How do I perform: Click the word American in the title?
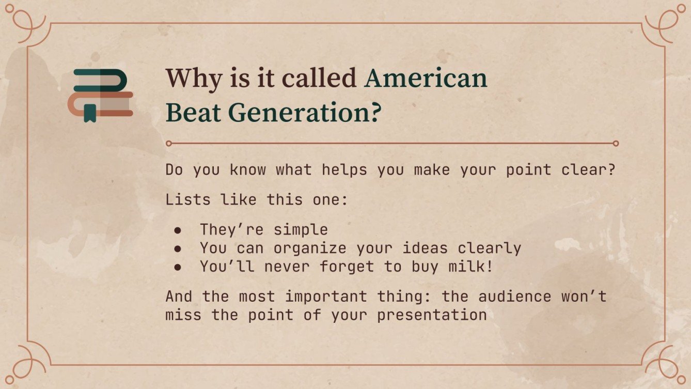tap(426, 79)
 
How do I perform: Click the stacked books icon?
tap(103, 95)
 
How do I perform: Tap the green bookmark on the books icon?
tap(90, 113)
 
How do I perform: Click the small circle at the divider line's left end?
tap(168, 143)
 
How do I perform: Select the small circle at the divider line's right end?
tap(615, 143)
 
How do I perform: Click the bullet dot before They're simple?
tap(178, 230)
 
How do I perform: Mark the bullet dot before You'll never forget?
tap(178, 267)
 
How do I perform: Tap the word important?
tap(326, 297)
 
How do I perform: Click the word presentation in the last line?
tap(432, 315)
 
